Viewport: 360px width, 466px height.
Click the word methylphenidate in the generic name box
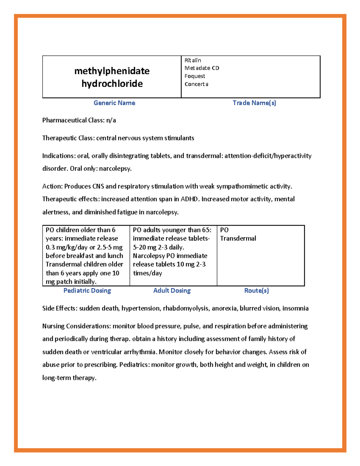click(112, 71)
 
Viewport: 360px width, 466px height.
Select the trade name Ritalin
click(193, 60)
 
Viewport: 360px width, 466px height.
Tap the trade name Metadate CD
click(202, 68)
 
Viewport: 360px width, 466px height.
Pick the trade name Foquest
click(195, 76)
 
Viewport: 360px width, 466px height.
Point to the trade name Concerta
click(196, 84)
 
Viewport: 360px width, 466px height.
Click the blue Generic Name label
click(114, 103)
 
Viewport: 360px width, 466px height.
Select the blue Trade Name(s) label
click(254, 103)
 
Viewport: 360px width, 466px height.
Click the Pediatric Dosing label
click(87, 290)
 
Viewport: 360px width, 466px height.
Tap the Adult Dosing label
click(172, 290)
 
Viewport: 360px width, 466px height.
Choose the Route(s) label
click(256, 290)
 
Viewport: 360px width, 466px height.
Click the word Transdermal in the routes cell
click(238, 239)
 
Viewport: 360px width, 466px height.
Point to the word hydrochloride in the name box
click(112, 84)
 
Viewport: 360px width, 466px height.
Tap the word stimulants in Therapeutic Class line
click(179, 138)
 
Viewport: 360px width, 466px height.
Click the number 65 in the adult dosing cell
click(206, 230)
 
